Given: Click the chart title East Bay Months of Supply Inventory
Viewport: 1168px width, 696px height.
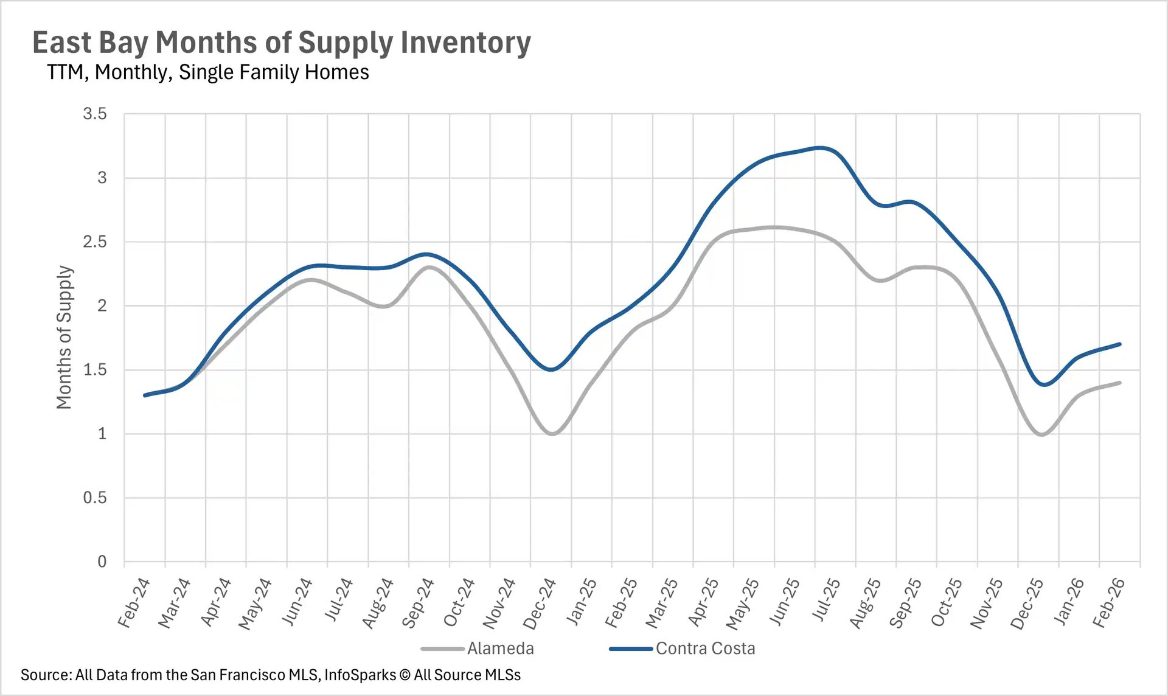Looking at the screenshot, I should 281,43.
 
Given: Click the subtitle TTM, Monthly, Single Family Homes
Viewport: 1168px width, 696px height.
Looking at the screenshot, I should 208,72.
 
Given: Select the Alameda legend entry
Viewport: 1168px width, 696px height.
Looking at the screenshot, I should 499,649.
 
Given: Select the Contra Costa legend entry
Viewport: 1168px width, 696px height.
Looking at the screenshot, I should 704,649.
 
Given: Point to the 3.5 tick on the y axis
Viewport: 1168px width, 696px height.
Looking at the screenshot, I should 95,114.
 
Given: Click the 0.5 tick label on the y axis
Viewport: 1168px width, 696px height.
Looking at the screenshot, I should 95,498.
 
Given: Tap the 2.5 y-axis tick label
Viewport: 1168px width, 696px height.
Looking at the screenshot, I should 95,242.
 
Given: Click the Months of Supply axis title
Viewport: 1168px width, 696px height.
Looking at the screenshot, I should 64,337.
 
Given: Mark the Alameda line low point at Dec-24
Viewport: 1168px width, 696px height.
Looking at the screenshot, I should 552,434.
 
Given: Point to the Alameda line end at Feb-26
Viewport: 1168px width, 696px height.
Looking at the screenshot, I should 1119,383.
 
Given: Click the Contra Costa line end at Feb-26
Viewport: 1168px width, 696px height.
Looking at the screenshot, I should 1119,344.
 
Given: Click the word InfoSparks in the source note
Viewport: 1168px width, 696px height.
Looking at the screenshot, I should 360,675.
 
